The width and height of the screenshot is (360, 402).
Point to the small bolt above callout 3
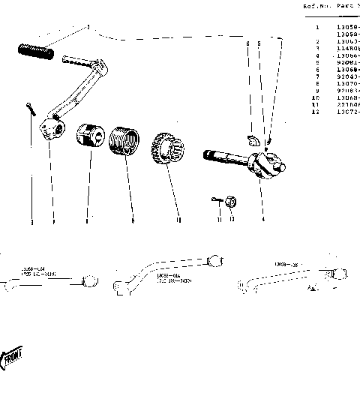pyautogui.click(x=28, y=109)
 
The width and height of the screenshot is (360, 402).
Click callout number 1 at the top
pyautogui.click(x=88, y=28)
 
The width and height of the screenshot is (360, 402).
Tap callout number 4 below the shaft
pyautogui.click(x=263, y=220)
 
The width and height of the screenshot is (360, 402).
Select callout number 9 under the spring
pyautogui.click(x=132, y=220)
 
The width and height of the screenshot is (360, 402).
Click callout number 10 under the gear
pyautogui.click(x=178, y=220)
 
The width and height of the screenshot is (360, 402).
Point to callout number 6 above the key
pyautogui.click(x=247, y=44)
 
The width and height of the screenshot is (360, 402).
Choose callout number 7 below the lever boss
pyautogui.click(x=53, y=221)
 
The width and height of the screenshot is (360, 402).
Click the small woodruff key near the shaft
pyautogui.click(x=253, y=139)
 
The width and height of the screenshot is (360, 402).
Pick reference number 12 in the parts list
pyautogui.click(x=316, y=111)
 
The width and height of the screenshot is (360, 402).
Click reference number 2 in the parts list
pyautogui.click(x=318, y=40)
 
